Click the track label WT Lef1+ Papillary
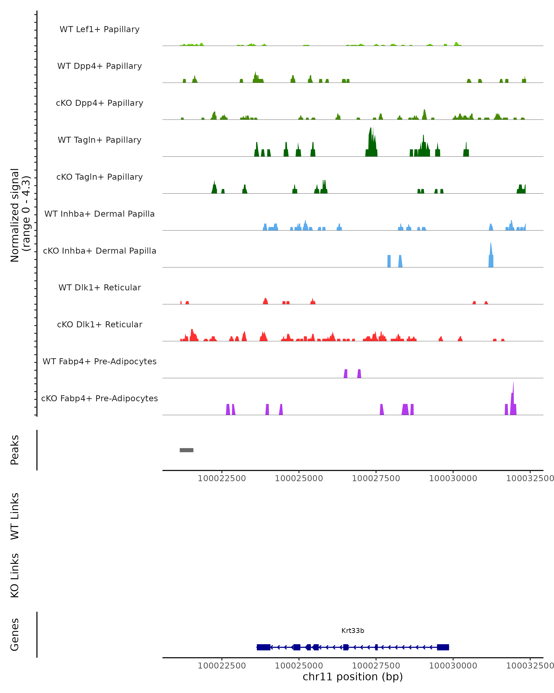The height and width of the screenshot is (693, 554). pyautogui.click(x=99, y=29)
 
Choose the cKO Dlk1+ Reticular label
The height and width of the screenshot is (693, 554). pyautogui.click(x=99, y=324)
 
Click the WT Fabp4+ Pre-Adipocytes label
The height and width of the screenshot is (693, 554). pyautogui.click(x=99, y=361)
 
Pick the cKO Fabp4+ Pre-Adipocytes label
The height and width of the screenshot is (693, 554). pyautogui.click(x=99, y=398)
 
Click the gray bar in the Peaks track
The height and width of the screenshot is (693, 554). pyautogui.click(x=186, y=450)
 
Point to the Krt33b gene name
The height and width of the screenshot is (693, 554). pyautogui.click(x=353, y=631)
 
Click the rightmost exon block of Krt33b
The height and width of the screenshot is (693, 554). pyautogui.click(x=443, y=647)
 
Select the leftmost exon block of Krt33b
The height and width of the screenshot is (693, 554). pyautogui.click(x=263, y=647)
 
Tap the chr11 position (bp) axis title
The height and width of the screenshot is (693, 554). pyautogui.click(x=353, y=677)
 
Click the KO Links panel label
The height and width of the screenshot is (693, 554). pyautogui.click(x=15, y=575)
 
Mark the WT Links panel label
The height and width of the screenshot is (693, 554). pyautogui.click(x=15, y=516)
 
